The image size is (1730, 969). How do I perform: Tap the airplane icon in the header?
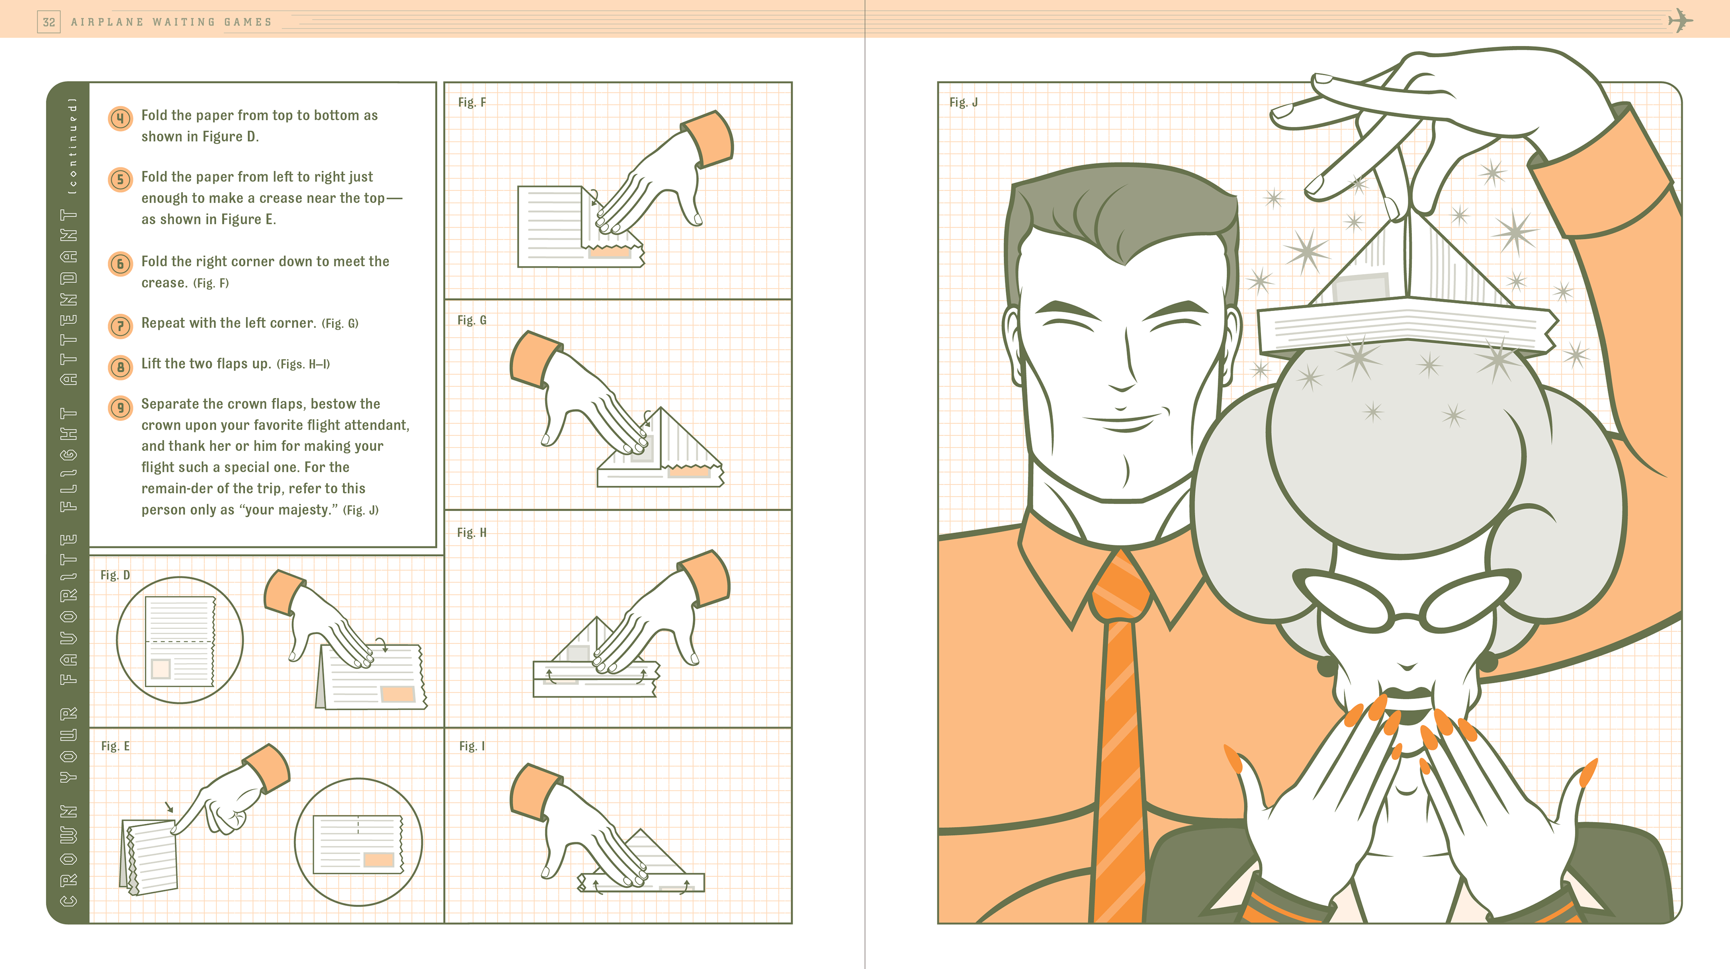coord(1680,21)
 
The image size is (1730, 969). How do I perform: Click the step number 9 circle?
coord(120,408)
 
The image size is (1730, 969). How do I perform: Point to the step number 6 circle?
coord(120,263)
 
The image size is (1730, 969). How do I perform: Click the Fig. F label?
coord(471,102)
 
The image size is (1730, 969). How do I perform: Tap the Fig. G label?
coord(471,320)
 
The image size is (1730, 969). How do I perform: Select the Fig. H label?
coord(471,532)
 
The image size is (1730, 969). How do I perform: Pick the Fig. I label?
coord(471,746)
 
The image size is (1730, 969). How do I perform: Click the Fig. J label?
coord(963,102)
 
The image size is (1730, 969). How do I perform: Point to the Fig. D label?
coord(115,575)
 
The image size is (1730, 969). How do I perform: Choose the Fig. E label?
coord(115,746)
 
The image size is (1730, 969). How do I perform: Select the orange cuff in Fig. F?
coord(707,139)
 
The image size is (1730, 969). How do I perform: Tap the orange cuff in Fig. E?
coord(267,768)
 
